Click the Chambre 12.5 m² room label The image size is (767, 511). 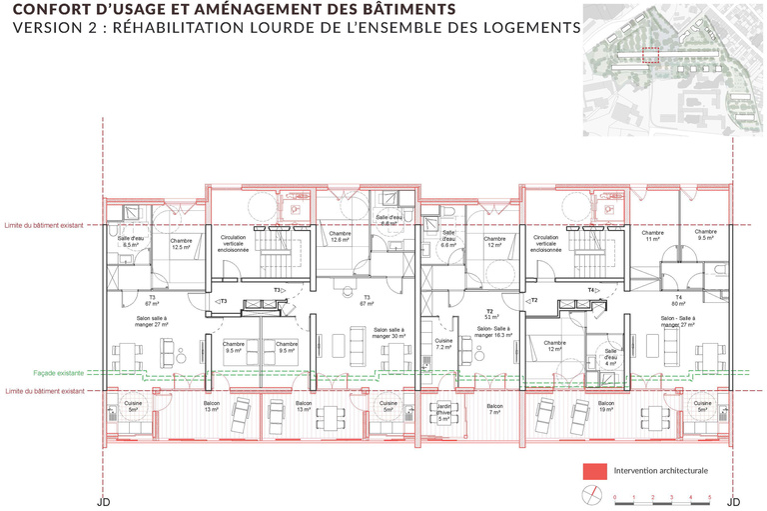coord(181,244)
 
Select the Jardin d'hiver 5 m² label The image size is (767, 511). coord(444,410)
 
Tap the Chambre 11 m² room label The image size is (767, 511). coord(653,236)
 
